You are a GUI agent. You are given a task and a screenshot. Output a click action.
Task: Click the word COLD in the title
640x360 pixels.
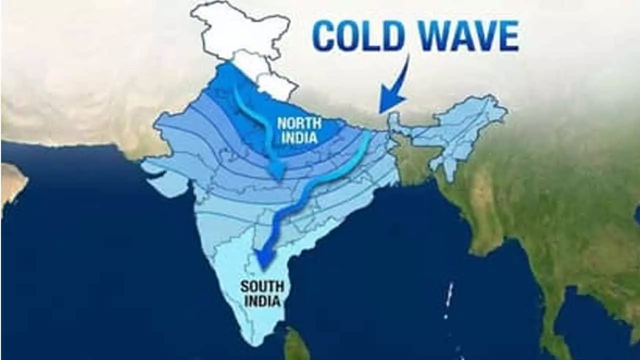point(358,36)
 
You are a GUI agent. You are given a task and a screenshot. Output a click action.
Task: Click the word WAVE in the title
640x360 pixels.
point(466,36)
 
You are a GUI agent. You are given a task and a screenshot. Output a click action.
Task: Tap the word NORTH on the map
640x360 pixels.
point(299,123)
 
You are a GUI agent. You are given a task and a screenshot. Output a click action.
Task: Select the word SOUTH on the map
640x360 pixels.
point(262,287)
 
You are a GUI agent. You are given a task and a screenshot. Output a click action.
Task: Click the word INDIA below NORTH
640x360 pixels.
point(299,137)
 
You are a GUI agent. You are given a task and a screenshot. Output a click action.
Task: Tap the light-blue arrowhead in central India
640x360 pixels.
point(276,171)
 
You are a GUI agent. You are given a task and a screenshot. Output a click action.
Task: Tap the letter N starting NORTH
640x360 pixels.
point(281,123)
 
